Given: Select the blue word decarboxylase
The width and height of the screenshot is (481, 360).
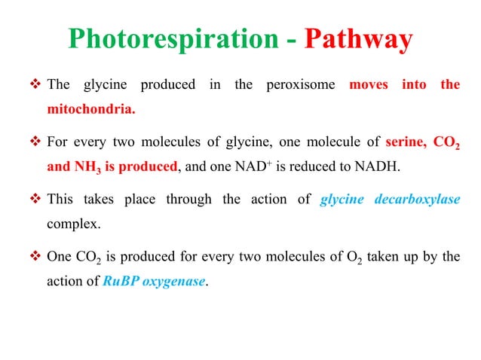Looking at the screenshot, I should pos(416,200).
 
